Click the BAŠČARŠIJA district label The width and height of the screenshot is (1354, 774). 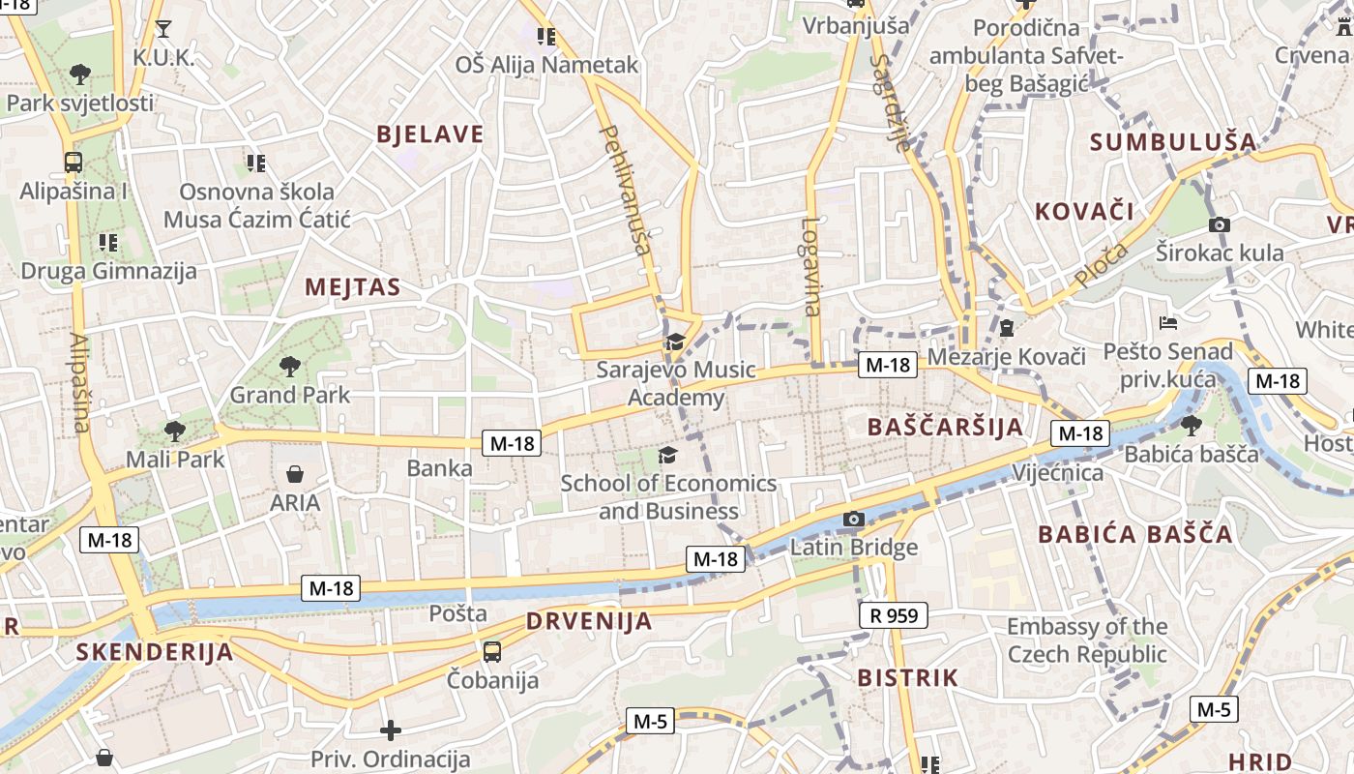pos(945,427)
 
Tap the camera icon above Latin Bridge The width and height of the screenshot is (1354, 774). pos(852,520)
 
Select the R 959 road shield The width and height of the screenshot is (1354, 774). pos(893,614)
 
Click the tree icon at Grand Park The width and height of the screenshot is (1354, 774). pos(288,366)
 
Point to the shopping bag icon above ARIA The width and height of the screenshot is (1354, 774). pos(295,474)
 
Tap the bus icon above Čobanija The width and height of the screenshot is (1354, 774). pos(492,651)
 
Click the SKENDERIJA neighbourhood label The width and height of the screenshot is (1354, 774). pos(155,651)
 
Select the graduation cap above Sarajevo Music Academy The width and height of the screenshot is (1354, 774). pos(675,342)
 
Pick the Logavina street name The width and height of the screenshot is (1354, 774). pos(810,266)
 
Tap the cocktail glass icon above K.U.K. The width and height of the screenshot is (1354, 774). pos(163,28)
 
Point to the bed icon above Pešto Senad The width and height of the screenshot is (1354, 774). pos(1168,322)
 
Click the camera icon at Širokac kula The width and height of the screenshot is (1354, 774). pos(1220,224)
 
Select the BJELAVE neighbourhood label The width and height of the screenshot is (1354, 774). pos(429,134)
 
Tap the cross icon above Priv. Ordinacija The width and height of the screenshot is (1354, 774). pos(391,730)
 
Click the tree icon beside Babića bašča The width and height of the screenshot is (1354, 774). pos(1192,424)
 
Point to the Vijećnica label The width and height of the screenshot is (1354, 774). pos(1057,473)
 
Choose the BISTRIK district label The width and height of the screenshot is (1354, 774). pos(907,677)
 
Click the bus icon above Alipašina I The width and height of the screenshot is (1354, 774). pos(73,162)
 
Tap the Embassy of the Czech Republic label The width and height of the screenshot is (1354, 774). pos(1087,640)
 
